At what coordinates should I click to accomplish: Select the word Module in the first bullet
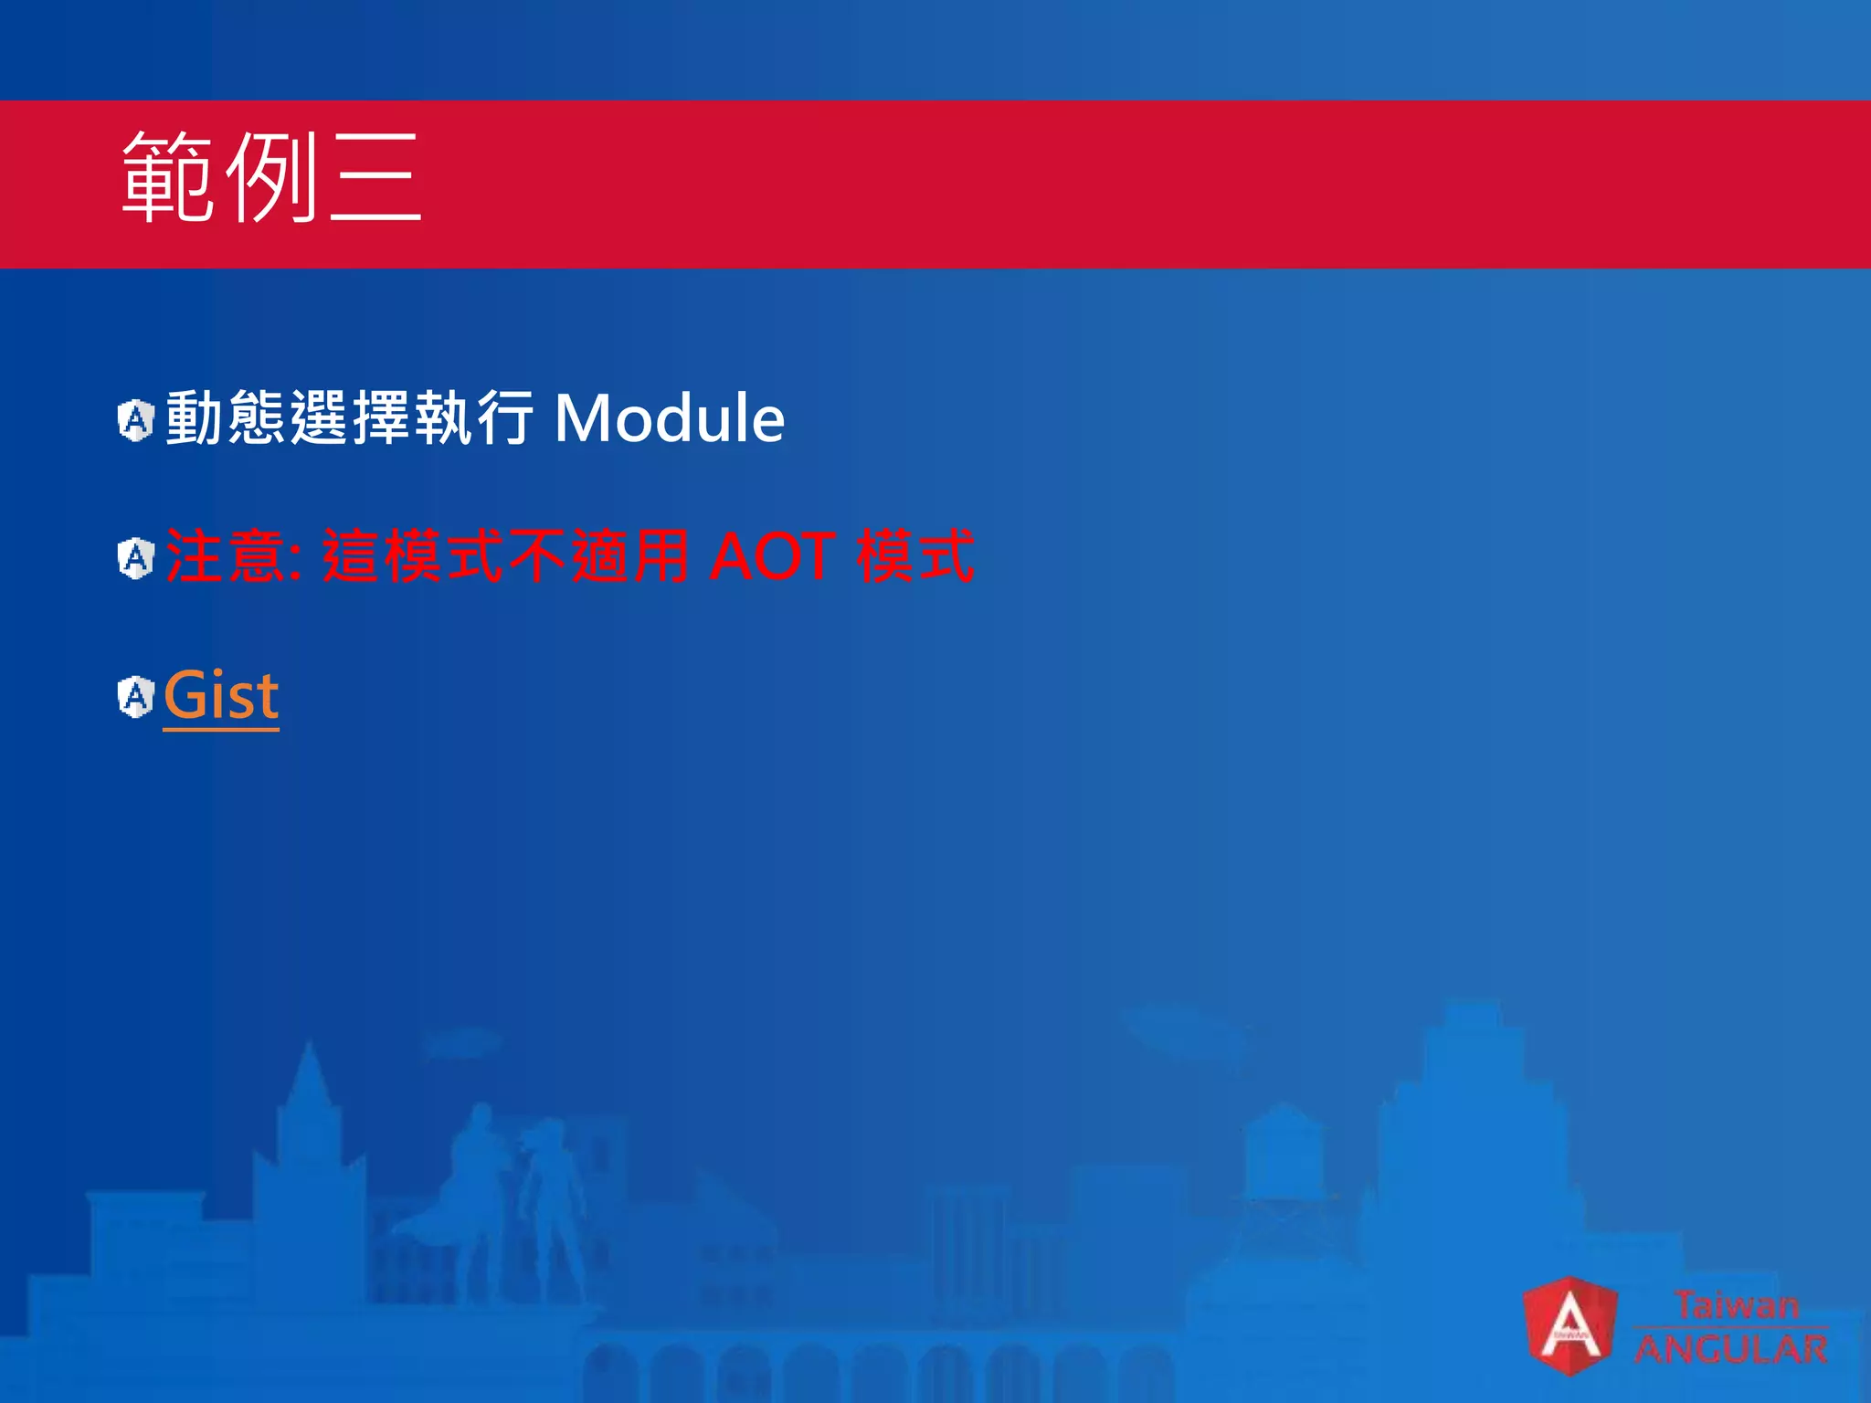pos(669,418)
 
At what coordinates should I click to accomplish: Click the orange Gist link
pos(221,696)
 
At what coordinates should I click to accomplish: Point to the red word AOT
pos(772,556)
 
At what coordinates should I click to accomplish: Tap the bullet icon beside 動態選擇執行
pos(136,420)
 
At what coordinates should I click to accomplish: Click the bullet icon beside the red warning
pos(136,558)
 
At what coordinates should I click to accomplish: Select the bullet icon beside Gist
pos(136,697)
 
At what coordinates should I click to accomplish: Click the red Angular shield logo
pos(1570,1325)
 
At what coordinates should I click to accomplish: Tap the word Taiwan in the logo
pos(1736,1304)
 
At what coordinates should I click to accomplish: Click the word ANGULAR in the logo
pos(1730,1349)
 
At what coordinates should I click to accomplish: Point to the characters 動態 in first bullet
pos(225,418)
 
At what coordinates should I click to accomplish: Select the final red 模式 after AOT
pos(915,556)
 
